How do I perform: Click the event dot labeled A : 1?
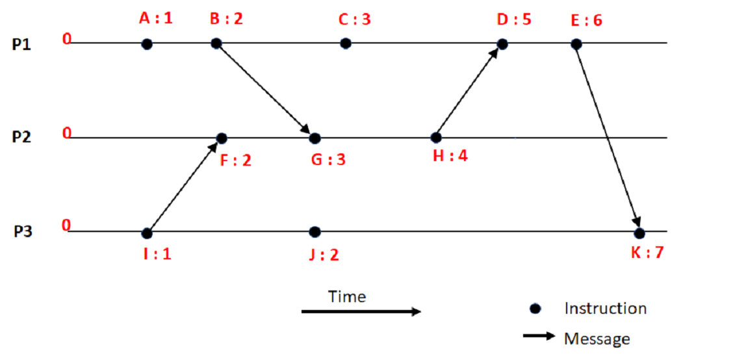(148, 44)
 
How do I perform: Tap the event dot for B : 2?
(216, 44)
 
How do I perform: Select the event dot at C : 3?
(346, 44)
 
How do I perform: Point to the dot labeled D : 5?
(502, 44)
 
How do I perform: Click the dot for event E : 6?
(576, 44)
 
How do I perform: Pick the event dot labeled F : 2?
(222, 138)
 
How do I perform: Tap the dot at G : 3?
(315, 138)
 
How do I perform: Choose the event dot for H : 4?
(436, 138)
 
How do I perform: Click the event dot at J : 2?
(315, 232)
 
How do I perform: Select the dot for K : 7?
(639, 233)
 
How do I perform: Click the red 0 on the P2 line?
(66, 133)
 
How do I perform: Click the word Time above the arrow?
(347, 297)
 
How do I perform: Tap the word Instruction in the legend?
(605, 309)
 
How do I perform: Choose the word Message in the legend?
(597, 339)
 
